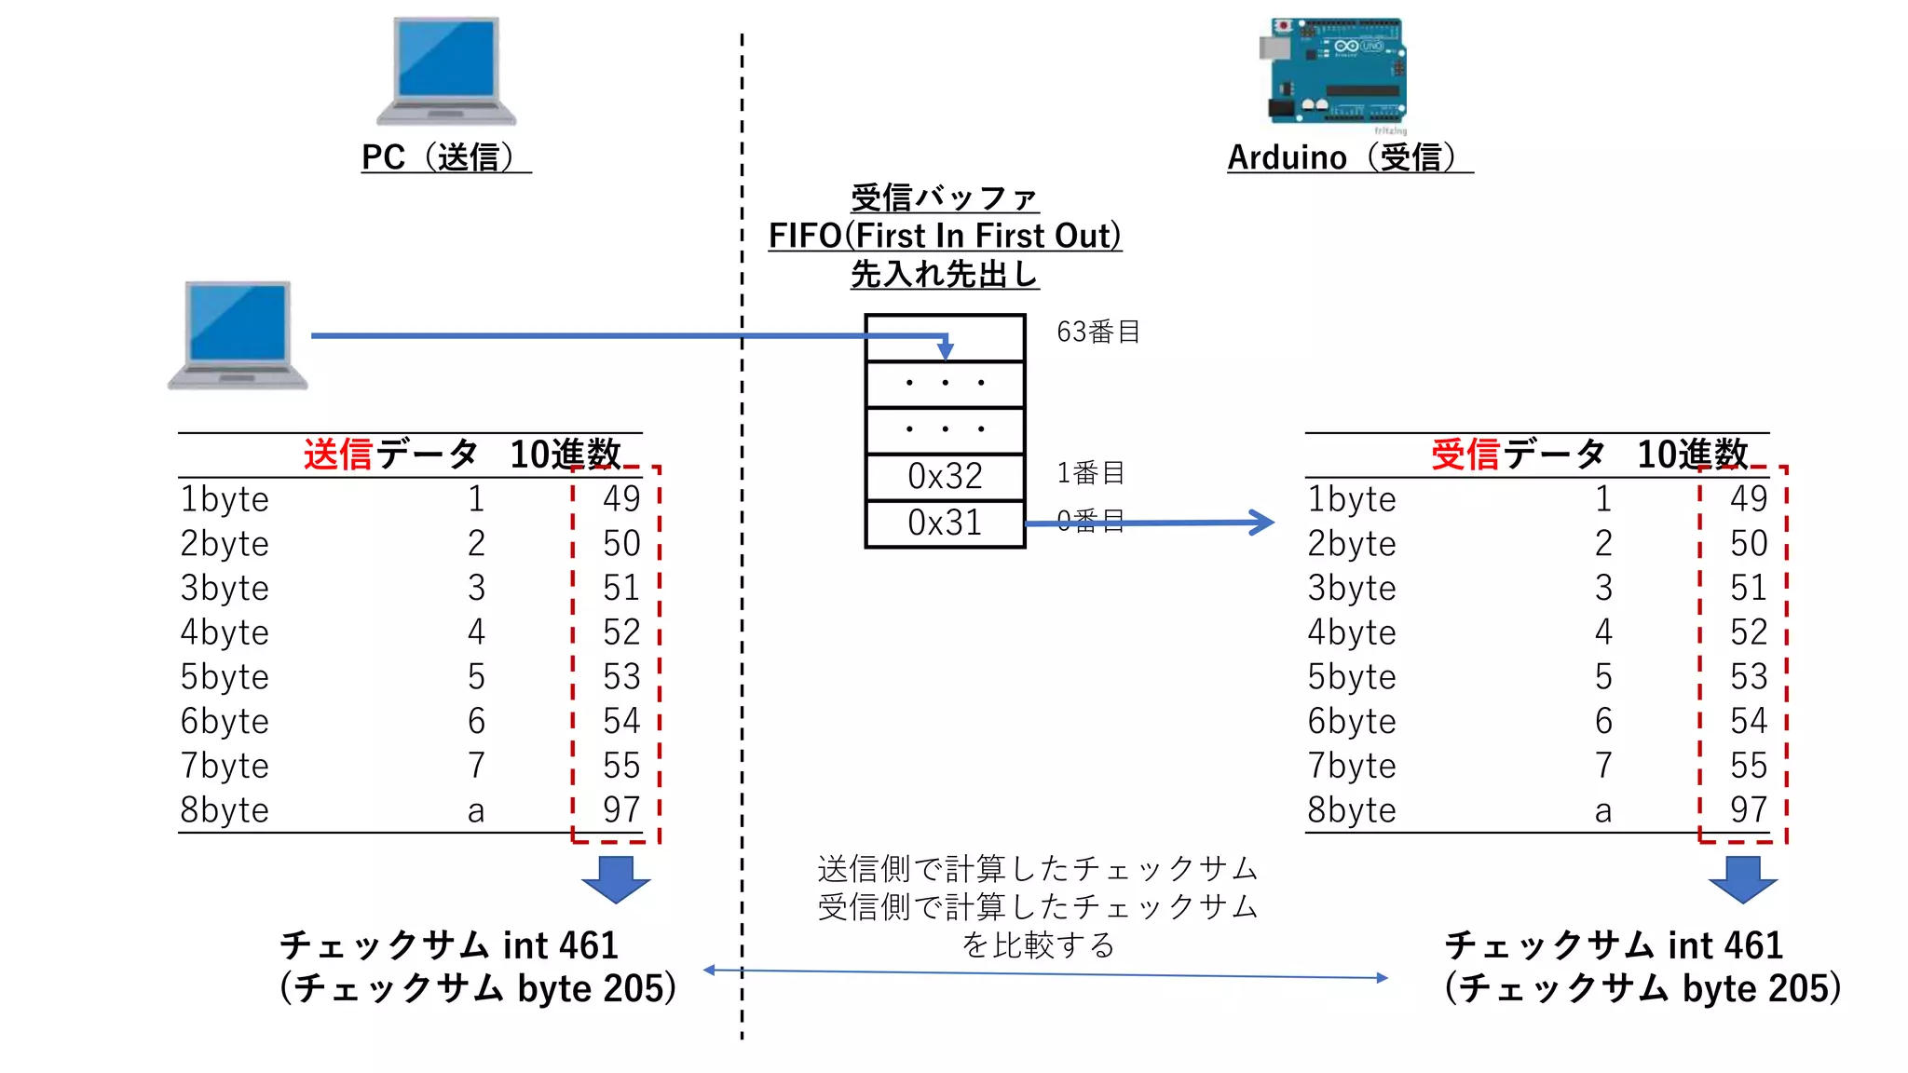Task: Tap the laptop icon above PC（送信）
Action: pyautogui.click(x=446, y=71)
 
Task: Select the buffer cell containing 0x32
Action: pyautogui.click(x=945, y=477)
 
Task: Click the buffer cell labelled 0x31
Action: pyautogui.click(x=945, y=523)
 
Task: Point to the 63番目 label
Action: pyautogui.click(x=1098, y=332)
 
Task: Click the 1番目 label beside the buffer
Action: pyautogui.click(x=1090, y=473)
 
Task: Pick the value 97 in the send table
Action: pyautogui.click(x=621, y=809)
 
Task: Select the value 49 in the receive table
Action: pyautogui.click(x=1749, y=499)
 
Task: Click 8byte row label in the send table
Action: pyautogui.click(x=225, y=810)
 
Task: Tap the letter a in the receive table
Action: pyautogui.click(x=1602, y=811)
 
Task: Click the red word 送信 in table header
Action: pyautogui.click(x=338, y=455)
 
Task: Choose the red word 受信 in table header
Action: pyautogui.click(x=1465, y=455)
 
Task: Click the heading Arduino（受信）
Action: pyautogui.click(x=1350, y=157)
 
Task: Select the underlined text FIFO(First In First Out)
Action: pyautogui.click(x=945, y=236)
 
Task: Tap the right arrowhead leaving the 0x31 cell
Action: pyautogui.click(x=1262, y=522)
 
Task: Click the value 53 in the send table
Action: pyautogui.click(x=621, y=676)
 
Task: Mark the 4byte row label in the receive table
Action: pyautogui.click(x=1351, y=632)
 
